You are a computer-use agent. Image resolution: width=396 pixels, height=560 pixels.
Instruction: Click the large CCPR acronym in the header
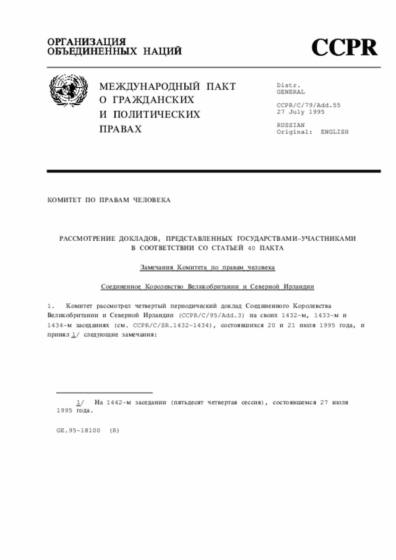tap(343, 47)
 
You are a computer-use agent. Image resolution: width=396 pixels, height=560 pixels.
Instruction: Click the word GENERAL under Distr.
tap(291, 92)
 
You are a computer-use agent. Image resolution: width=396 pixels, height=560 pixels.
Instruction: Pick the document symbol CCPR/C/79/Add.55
tap(308, 105)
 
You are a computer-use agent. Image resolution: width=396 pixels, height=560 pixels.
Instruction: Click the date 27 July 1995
tap(300, 112)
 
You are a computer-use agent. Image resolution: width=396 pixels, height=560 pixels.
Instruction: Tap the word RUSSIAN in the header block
tap(291, 125)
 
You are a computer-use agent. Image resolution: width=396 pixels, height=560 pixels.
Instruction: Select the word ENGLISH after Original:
tap(334, 132)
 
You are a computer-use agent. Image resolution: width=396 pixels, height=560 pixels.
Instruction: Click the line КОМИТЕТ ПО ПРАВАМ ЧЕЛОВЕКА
tap(108, 200)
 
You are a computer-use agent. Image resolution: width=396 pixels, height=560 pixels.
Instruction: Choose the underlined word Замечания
tap(157, 267)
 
